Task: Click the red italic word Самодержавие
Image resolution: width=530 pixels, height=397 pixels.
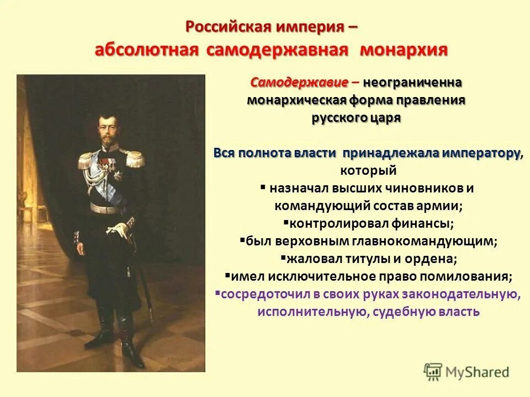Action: (299, 82)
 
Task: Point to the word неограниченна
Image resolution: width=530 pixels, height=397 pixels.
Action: (412, 82)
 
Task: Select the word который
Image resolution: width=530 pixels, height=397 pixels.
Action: (368, 170)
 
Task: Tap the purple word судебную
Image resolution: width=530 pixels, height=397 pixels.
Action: (400, 312)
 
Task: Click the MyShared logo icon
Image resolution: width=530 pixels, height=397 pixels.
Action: (433, 371)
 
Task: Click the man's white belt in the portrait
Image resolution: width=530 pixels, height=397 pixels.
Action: (105, 208)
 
